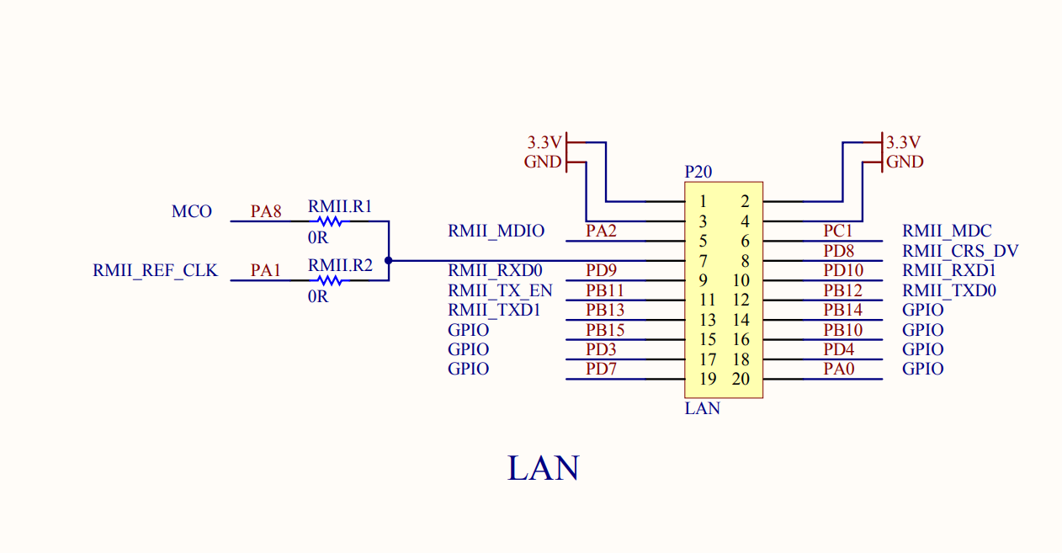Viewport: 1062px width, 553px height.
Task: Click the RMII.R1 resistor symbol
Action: pos(330,221)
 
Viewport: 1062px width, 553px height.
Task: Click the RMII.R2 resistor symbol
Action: pos(330,280)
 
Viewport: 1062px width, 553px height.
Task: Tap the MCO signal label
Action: pos(192,212)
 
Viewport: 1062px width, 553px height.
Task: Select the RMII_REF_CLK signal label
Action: pos(155,271)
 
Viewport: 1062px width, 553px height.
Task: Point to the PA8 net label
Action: pos(266,212)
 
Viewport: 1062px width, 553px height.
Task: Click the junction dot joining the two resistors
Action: pos(388,261)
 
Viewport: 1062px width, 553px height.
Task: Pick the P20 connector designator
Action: pos(698,172)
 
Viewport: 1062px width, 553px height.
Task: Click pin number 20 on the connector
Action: pos(741,379)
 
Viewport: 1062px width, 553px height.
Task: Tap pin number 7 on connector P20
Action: pos(703,261)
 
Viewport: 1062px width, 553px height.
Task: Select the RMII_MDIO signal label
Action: pos(496,231)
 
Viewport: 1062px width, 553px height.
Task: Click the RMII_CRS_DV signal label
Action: pos(960,251)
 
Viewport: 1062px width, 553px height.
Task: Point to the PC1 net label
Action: pos(838,231)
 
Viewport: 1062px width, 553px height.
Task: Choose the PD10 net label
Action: pos(843,270)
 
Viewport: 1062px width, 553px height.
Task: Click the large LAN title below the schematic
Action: pos(543,468)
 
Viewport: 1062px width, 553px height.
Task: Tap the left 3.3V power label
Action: pos(544,141)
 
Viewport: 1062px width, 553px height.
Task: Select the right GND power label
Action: pos(905,162)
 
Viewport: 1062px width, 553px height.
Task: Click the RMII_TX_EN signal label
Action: pos(500,290)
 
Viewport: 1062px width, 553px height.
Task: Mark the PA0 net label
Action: pos(839,369)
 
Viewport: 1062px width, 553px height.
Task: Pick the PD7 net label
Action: pos(602,369)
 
